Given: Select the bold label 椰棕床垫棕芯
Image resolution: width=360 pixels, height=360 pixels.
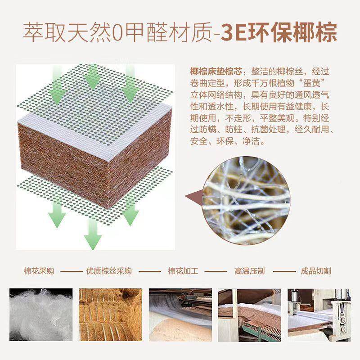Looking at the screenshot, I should pyautogui.click(x=216, y=72).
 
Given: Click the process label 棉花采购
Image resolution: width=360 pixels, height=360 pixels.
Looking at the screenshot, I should pyautogui.click(x=39, y=271).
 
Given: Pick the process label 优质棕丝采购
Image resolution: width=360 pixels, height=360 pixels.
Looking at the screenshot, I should pyautogui.click(x=108, y=271).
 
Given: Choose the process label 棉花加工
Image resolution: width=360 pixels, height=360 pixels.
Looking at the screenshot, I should pyautogui.click(x=183, y=271).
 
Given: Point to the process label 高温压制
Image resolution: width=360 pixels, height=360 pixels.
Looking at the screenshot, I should pyautogui.click(x=249, y=271).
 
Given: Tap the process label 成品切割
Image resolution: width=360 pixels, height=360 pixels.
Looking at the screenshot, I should pyautogui.click(x=316, y=271).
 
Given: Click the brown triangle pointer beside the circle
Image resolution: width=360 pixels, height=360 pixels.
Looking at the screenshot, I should pyautogui.click(x=194, y=196).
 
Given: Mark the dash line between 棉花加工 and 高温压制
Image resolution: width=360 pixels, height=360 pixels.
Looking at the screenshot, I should pyautogui.click(x=216, y=272).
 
